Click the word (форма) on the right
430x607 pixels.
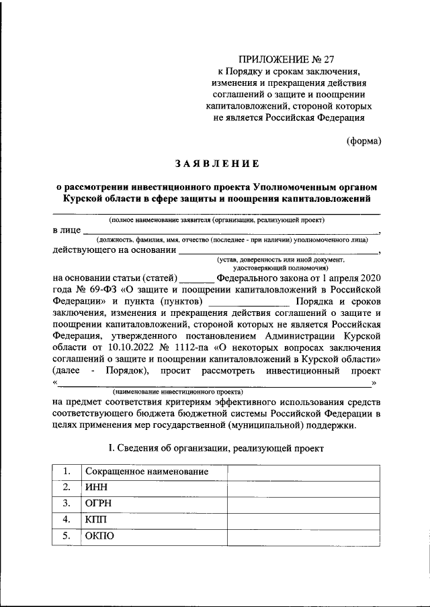pyautogui.click(x=363, y=141)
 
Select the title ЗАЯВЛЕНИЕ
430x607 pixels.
pyautogui.click(x=217, y=162)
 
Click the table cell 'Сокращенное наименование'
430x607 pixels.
pyautogui.click(x=145, y=472)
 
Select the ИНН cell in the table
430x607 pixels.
pyautogui.click(x=95, y=488)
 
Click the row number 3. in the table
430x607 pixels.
pyautogui.click(x=67, y=503)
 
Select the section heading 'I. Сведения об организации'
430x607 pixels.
pyautogui.click(x=216, y=447)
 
